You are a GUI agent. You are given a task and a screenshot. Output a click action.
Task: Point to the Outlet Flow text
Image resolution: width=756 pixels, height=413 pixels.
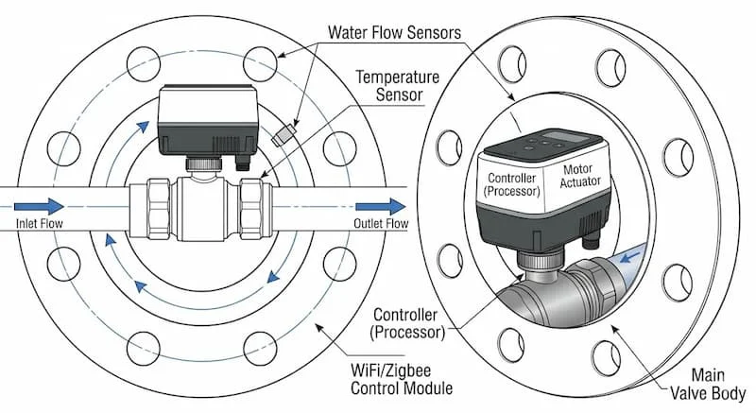point(381,224)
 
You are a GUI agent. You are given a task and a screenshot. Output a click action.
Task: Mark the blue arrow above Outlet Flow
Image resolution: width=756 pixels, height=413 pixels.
point(382,205)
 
